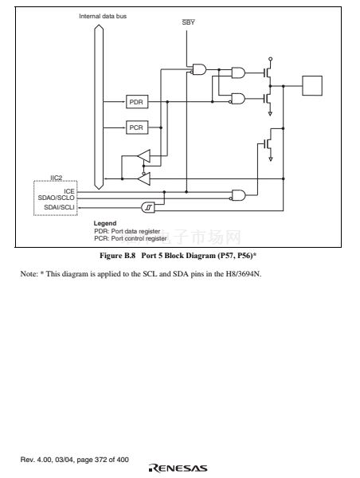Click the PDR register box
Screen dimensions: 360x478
137,102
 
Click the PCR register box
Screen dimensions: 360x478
137,127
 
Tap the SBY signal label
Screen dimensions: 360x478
189,22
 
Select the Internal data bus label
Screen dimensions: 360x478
103,16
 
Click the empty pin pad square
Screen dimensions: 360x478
312,86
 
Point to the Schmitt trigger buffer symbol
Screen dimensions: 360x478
148,207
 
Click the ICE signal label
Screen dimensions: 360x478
68,191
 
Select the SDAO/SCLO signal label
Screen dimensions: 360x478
56,198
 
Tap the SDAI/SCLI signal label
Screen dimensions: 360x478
59,207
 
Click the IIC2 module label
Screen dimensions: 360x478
57,178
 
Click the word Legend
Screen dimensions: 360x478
105,223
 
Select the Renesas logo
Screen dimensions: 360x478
178,468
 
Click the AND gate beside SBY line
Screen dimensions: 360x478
199,69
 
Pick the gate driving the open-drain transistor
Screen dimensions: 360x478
238,195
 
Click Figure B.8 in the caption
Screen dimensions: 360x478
117,256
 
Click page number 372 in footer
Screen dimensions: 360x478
100,460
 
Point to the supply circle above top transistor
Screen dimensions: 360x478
270,59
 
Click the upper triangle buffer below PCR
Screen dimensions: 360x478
144,156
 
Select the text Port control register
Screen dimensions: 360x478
139,238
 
